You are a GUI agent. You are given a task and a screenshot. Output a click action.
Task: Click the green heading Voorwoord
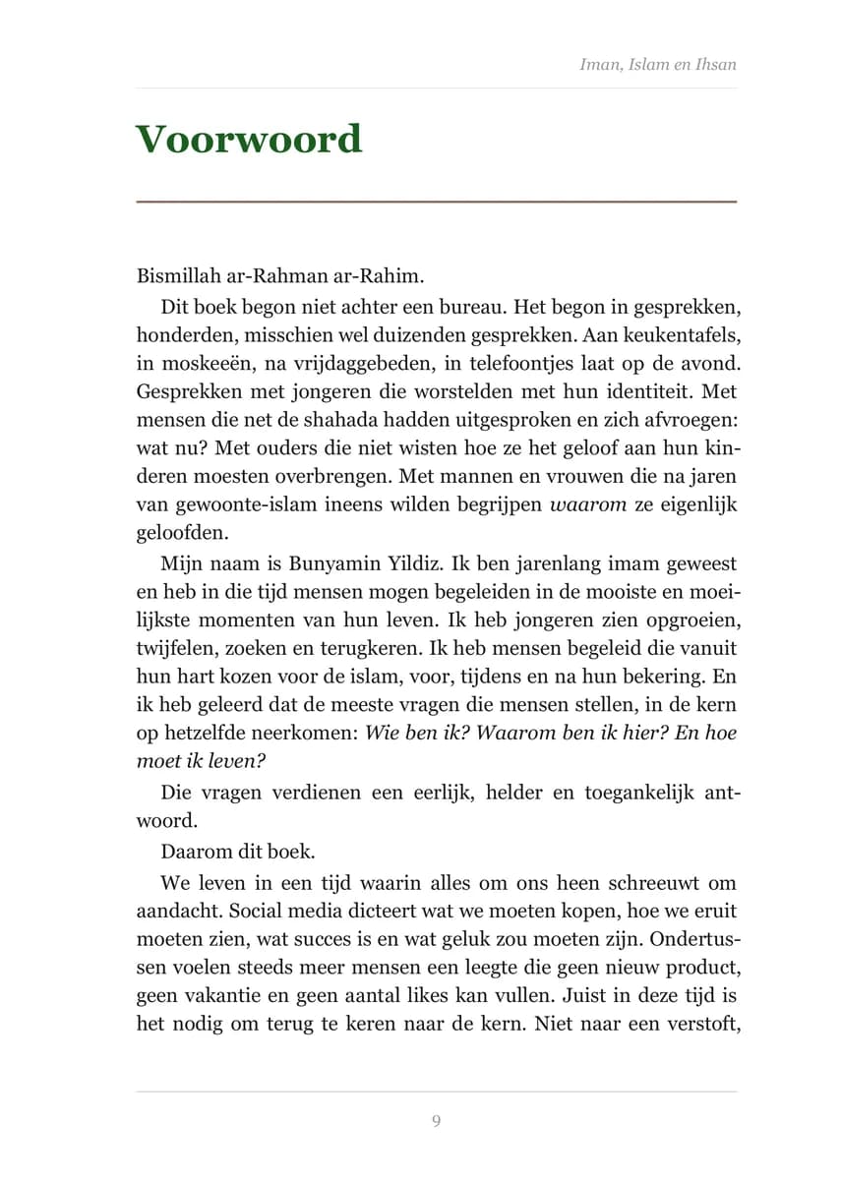[x=248, y=140]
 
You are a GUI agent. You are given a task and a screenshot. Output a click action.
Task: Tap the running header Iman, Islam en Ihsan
[x=657, y=65]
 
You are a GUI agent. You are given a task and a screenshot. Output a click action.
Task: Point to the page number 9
[x=436, y=1121]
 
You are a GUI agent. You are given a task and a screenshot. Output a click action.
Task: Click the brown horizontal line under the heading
[x=436, y=201]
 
